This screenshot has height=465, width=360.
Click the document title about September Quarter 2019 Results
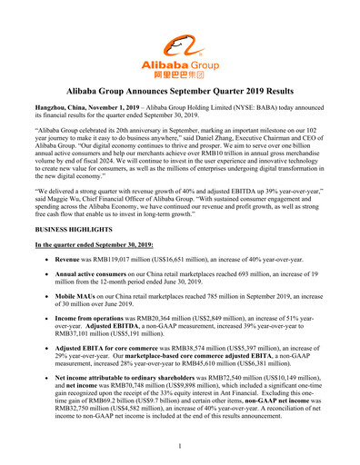[x=180, y=93]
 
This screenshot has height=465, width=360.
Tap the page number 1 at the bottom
[x=180, y=445]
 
